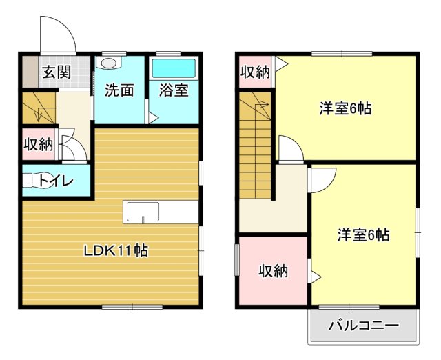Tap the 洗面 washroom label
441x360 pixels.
[119, 90]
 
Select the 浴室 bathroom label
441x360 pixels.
[173, 90]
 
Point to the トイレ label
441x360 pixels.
[57, 181]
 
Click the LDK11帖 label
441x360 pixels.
[116, 250]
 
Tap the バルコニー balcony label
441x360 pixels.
[363, 326]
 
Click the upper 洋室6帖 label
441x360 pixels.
[345, 108]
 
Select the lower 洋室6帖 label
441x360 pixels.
[363, 235]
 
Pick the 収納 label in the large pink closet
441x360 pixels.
[273, 271]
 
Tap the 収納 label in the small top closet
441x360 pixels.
[254, 72]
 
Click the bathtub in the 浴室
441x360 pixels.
[174, 68]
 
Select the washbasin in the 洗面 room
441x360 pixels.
[107, 63]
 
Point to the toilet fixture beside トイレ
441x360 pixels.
[31, 181]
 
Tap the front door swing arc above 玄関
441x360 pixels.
[57, 33]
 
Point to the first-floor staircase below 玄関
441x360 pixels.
[38, 108]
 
